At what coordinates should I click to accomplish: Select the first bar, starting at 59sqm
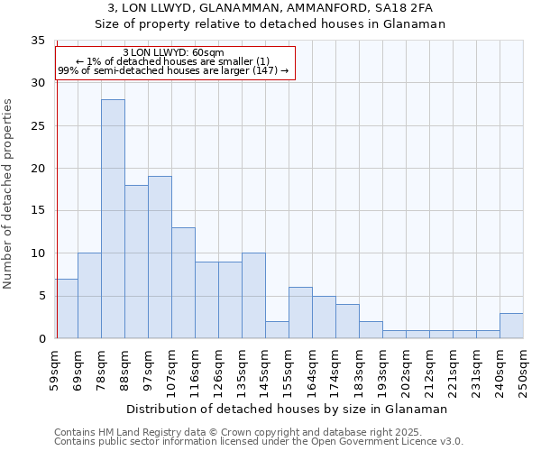pyautogui.click(x=66, y=308)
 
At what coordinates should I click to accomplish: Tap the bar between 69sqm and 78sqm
pyautogui.click(x=89, y=296)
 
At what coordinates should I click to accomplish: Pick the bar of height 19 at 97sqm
pyautogui.click(x=160, y=257)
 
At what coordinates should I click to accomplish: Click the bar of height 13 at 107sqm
pyautogui.click(x=183, y=282)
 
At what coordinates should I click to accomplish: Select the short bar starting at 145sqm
pyautogui.click(x=277, y=330)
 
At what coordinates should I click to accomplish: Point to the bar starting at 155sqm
pyautogui.click(x=300, y=313)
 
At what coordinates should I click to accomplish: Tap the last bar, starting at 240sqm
pyautogui.click(x=511, y=326)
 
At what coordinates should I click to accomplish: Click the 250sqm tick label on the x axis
pyautogui.click(x=524, y=371)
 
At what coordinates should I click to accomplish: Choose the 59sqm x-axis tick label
pyautogui.click(x=55, y=370)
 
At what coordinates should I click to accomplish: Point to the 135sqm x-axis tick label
pyautogui.click(x=243, y=371)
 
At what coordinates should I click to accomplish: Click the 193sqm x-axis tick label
pyautogui.click(x=383, y=371)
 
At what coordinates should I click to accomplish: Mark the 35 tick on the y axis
pyautogui.click(x=38, y=41)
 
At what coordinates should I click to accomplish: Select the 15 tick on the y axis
pyautogui.click(x=38, y=211)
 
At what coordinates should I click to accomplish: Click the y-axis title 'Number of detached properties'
pyautogui.click(x=9, y=193)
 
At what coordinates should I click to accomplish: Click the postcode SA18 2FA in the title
pyautogui.click(x=408, y=8)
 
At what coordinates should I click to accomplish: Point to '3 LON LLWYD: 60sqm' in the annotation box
pyautogui.click(x=173, y=52)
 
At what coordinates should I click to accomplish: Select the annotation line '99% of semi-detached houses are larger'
pyautogui.click(x=173, y=70)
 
